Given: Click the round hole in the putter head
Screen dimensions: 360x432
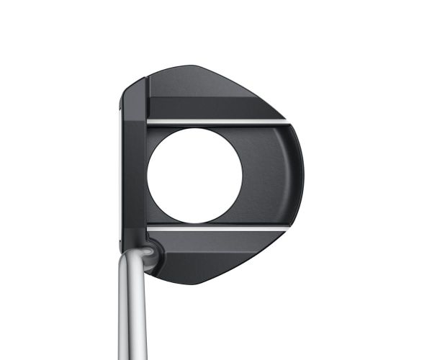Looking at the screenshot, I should click(194, 175).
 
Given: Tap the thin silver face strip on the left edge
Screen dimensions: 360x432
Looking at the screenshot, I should click(119, 173).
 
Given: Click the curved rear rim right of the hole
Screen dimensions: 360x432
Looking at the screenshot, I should click(297, 175).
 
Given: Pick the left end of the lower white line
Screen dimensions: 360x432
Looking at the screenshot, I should click(149, 228).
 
